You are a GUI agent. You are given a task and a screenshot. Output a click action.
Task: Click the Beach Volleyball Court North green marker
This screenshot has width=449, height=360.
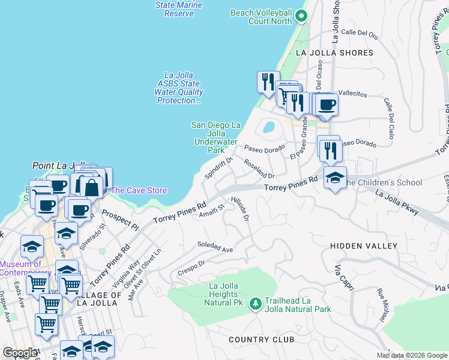pyautogui.click(x=300, y=17)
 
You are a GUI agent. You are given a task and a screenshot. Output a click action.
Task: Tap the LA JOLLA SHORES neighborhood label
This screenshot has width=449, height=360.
pyautogui.click(x=334, y=53)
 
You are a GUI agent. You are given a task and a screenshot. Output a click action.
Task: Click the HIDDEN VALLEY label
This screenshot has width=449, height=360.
pyautogui.click(x=364, y=246)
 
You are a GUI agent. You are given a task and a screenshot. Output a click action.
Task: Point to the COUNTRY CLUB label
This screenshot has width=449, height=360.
pyautogui.click(x=261, y=340)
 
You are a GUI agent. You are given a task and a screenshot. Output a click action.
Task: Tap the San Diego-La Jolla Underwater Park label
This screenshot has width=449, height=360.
pyautogui.click(x=216, y=137)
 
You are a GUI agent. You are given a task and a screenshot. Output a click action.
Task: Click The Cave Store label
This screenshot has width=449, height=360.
pyautogui.click(x=139, y=190)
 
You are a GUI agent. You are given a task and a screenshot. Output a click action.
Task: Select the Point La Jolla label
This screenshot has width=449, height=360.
pyautogui.click(x=61, y=165)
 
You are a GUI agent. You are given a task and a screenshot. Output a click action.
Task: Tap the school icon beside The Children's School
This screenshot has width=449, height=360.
pyautogui.click(x=335, y=177)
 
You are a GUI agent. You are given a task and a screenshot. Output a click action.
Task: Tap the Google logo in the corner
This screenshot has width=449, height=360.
pyautogui.click(x=19, y=353)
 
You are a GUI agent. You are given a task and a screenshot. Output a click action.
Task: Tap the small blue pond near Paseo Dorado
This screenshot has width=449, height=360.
pyautogui.click(x=268, y=127)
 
